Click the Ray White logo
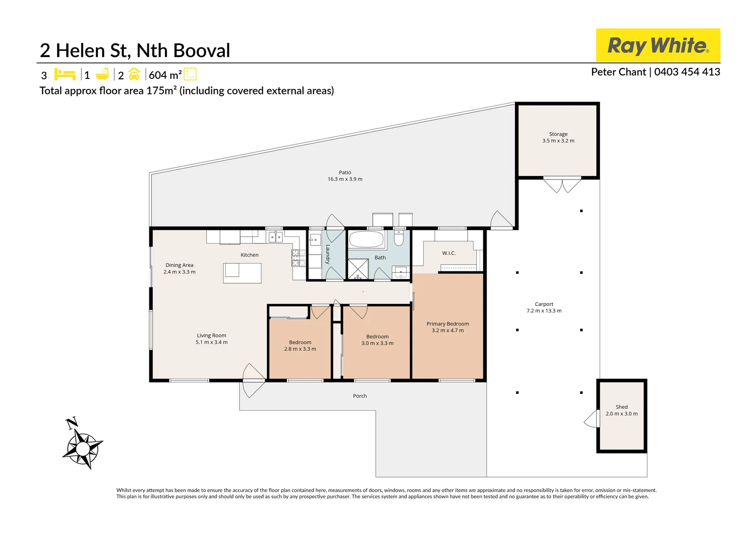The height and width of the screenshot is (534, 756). pyautogui.click(x=658, y=45)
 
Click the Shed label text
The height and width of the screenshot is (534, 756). pyautogui.click(x=622, y=407)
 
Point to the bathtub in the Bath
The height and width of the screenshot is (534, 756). pyautogui.click(x=367, y=239)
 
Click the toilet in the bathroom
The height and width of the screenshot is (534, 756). pyautogui.click(x=399, y=237)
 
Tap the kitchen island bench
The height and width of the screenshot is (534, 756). pyautogui.click(x=242, y=273)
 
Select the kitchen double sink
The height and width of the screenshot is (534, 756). pyautogui.click(x=275, y=237)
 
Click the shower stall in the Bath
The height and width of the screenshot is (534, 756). pyautogui.click(x=358, y=269)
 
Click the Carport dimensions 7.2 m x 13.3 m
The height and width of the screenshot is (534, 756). pyautogui.click(x=544, y=311)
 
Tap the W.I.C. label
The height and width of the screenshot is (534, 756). pyautogui.click(x=449, y=253)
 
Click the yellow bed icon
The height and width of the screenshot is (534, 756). pyautogui.click(x=65, y=74)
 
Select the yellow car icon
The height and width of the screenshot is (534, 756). pyautogui.click(x=134, y=74)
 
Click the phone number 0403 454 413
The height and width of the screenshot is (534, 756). pyautogui.click(x=687, y=72)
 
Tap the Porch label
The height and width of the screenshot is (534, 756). pyautogui.click(x=360, y=396)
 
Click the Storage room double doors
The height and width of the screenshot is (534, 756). pyautogui.click(x=562, y=185)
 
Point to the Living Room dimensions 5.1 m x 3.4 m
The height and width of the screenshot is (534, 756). pyautogui.click(x=212, y=342)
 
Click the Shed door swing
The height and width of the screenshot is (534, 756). pyautogui.click(x=591, y=419)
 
